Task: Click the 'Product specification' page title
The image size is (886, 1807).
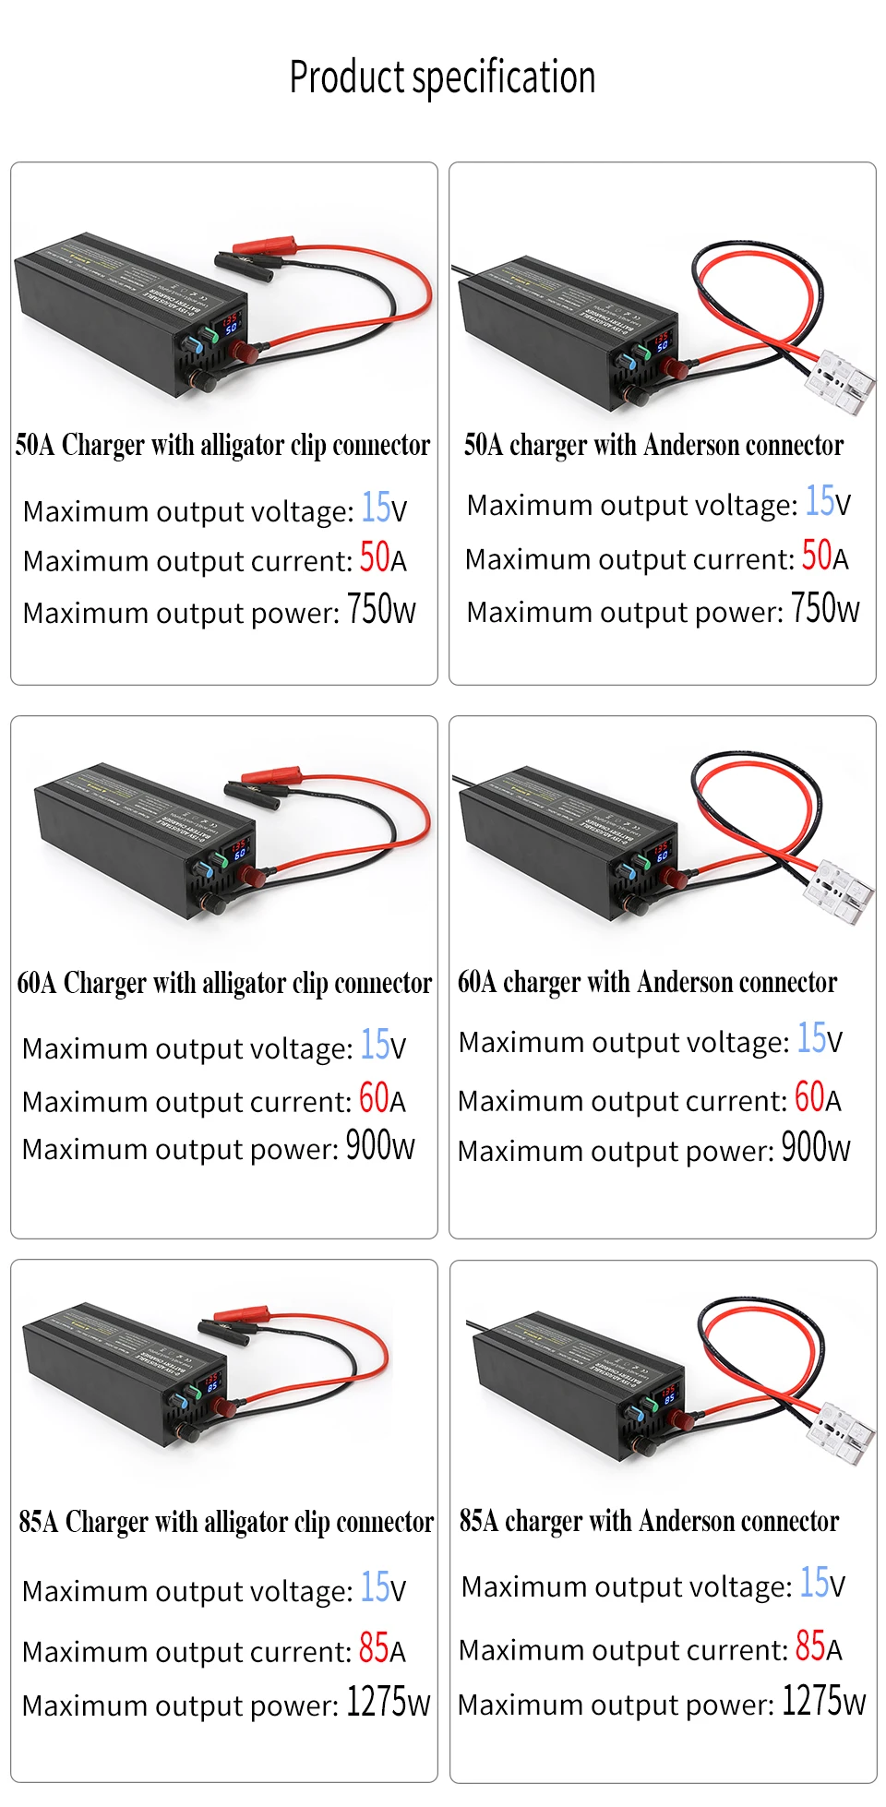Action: point(442,78)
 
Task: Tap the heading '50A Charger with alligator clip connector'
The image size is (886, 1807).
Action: point(222,446)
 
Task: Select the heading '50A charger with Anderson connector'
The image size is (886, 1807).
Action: point(653,446)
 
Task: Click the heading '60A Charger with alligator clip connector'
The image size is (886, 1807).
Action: point(224,984)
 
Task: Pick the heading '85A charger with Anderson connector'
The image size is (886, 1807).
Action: point(649,1521)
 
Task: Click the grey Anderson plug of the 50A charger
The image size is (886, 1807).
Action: point(841,380)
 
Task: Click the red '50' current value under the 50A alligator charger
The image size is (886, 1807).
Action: point(375,557)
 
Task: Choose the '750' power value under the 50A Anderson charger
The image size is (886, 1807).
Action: point(814,609)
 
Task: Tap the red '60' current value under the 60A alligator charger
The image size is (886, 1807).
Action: point(374,1098)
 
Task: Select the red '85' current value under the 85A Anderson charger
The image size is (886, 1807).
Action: point(810,1646)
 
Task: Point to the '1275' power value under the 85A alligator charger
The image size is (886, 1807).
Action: point(377,1702)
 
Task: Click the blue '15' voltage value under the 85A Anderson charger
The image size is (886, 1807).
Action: point(814,1583)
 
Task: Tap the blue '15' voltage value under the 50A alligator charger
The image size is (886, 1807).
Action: point(376,508)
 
